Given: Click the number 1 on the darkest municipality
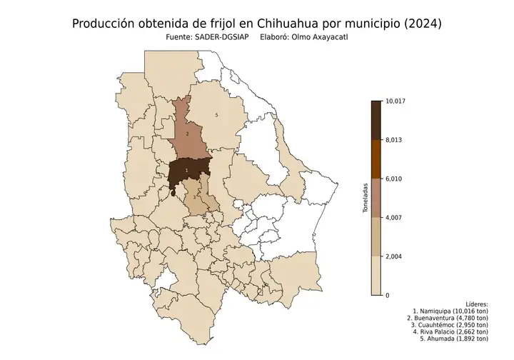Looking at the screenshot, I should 186,170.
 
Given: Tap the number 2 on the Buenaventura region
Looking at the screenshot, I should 187,134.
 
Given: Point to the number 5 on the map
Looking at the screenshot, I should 217,115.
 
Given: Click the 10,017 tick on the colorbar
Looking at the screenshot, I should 394,101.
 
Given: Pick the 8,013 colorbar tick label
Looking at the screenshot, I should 393,140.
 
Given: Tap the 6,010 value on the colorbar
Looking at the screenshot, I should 393,179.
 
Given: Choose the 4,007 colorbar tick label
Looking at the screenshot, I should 393,217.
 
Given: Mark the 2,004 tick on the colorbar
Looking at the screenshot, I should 393,256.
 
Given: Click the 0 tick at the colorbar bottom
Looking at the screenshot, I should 387,295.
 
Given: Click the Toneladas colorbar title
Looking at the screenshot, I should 366,198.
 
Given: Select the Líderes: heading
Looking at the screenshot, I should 475,304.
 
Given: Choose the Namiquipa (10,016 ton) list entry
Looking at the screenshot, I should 450,312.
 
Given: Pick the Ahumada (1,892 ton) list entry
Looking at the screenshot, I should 454,339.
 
